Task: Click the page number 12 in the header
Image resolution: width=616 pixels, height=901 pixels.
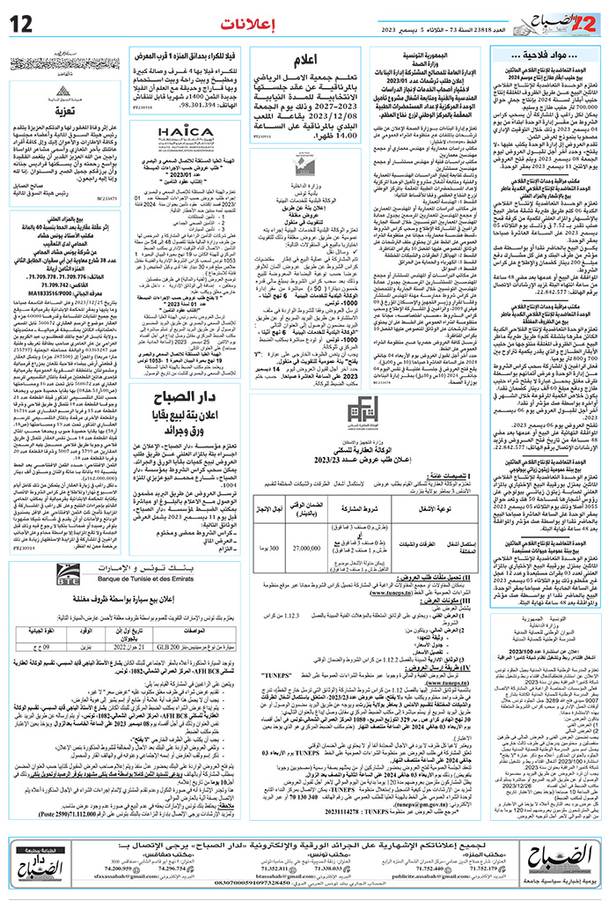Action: [19, 21]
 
